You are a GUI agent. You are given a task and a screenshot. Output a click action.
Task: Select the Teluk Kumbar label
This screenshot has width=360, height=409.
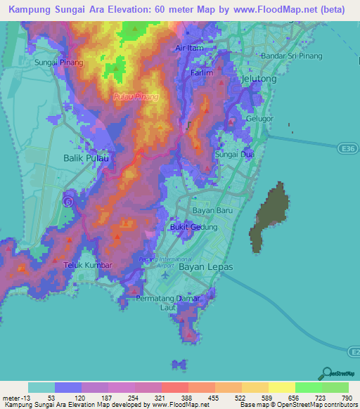(69, 266)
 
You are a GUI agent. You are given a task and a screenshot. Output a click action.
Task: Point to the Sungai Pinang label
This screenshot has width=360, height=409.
(58, 63)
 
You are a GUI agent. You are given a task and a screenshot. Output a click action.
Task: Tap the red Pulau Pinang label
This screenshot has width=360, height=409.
(136, 96)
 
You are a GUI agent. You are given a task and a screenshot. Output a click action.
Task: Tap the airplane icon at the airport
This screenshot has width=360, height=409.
(165, 273)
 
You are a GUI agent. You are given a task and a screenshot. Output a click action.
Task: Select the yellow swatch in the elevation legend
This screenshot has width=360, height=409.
(281, 387)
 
